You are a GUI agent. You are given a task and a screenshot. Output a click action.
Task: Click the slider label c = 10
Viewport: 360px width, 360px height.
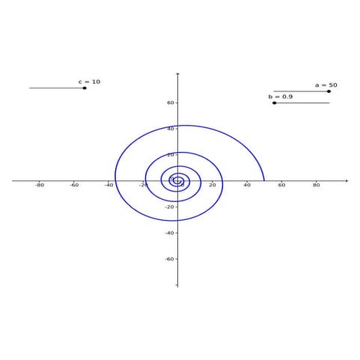(89, 82)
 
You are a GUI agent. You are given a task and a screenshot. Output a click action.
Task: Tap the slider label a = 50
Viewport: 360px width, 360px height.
(326, 85)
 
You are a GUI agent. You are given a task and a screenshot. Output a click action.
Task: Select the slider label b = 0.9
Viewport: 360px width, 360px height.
(281, 97)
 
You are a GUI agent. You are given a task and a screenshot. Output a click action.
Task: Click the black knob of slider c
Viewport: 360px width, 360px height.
(85, 88)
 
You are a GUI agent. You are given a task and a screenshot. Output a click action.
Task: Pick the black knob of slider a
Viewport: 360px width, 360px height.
(329, 91)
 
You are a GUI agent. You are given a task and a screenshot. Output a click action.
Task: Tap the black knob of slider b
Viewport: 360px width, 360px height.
(275, 103)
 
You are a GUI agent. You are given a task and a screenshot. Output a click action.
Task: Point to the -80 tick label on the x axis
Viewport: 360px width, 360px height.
(40, 186)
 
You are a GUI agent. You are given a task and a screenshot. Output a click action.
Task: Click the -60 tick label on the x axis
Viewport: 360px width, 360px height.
(74, 186)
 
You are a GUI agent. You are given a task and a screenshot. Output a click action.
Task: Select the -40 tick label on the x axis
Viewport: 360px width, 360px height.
(109, 186)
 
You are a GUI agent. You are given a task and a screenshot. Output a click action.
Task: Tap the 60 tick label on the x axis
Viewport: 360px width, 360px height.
(281, 186)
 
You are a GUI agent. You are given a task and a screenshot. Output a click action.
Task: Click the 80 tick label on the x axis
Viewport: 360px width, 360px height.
(316, 186)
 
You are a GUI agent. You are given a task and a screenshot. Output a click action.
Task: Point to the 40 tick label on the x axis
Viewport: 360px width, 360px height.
(247, 186)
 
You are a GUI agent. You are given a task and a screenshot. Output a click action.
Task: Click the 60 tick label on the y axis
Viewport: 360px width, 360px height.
(171, 103)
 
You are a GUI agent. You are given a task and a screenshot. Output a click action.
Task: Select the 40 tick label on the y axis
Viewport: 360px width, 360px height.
(171, 129)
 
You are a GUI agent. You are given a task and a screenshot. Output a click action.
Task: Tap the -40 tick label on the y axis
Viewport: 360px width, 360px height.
(169, 233)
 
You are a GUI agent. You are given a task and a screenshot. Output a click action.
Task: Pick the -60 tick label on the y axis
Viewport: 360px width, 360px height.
(169, 259)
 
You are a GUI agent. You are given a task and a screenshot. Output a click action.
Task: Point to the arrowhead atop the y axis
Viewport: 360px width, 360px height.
(178, 74)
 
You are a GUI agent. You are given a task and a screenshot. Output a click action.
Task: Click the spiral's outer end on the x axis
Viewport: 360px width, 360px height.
(264, 180)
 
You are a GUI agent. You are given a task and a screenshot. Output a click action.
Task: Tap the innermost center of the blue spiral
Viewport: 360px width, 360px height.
(177, 180)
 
